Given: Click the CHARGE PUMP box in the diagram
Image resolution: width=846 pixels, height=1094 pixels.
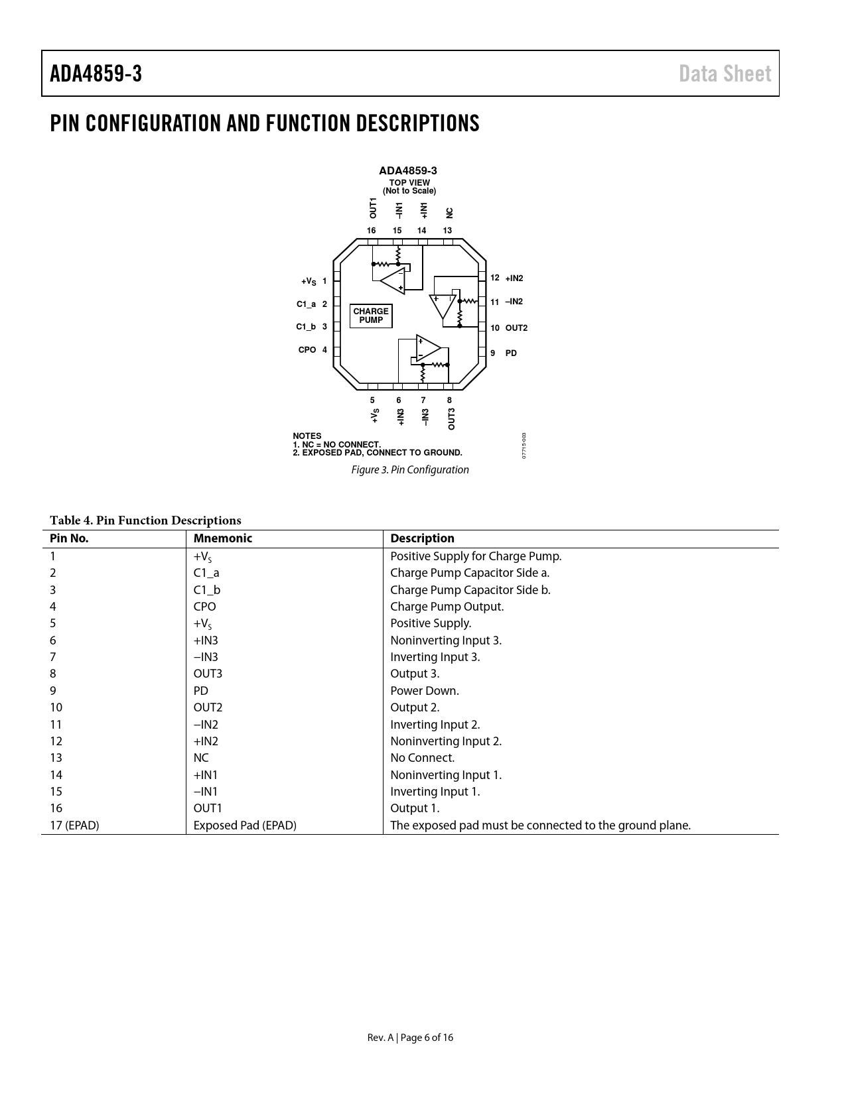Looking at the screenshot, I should (x=371, y=316).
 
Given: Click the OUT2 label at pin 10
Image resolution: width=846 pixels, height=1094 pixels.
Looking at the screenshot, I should (x=516, y=328).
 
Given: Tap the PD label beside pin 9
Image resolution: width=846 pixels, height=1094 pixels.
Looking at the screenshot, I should (x=511, y=353).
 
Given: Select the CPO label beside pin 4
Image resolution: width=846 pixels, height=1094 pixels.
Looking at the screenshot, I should (x=307, y=350).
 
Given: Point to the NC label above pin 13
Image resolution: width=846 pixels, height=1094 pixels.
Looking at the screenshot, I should (x=449, y=213).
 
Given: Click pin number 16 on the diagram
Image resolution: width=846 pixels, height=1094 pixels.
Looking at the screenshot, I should (x=372, y=231).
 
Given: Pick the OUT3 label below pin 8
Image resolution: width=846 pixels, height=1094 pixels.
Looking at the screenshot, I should (x=451, y=419).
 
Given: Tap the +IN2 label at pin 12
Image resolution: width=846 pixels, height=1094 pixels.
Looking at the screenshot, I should (x=514, y=278).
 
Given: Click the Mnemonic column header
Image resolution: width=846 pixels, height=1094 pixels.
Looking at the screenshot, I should (x=223, y=538).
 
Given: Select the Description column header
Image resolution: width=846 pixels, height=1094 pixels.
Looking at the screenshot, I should (x=422, y=538).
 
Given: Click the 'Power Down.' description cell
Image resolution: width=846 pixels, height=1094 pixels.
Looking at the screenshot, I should (x=425, y=691).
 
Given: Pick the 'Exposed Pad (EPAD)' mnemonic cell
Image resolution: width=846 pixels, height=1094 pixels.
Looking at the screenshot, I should (x=245, y=825).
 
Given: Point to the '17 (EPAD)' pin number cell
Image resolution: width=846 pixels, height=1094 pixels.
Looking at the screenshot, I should (x=74, y=825).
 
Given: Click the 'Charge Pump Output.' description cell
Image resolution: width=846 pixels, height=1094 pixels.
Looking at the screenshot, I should (x=447, y=607).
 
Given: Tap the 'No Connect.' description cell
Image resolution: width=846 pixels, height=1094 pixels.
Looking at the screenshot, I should (x=423, y=758).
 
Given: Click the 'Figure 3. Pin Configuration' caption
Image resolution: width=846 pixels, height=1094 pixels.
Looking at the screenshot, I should (x=410, y=470).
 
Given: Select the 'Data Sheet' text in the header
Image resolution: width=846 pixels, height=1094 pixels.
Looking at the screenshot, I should (x=725, y=74).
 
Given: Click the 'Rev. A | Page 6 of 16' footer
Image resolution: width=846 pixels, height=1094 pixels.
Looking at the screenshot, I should (x=411, y=1038).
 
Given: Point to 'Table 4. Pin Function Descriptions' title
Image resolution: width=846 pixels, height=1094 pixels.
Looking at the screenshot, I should (x=145, y=520).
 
